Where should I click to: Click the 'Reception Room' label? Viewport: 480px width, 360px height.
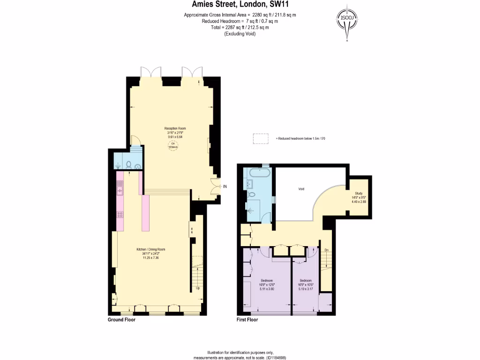click(172, 128)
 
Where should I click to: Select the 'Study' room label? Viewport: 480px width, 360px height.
click(359, 193)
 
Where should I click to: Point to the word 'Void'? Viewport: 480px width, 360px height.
click(301, 189)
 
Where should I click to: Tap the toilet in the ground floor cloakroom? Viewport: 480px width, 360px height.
click(128, 165)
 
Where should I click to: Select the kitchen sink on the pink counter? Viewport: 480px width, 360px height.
click(120, 190)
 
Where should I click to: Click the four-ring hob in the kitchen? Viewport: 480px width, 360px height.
click(120, 215)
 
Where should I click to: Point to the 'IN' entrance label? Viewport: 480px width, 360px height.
click(225, 187)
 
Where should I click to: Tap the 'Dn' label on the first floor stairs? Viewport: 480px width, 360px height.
click(326, 250)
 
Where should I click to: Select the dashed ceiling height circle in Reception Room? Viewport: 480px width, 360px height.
click(173, 146)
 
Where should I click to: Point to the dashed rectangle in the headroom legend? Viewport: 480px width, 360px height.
click(261, 139)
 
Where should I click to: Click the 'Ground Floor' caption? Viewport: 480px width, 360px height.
click(121, 320)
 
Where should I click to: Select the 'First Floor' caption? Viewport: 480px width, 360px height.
click(247, 320)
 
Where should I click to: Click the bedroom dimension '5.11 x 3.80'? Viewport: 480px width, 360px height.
click(266, 289)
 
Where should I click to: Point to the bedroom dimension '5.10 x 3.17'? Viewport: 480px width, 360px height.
click(305, 289)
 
